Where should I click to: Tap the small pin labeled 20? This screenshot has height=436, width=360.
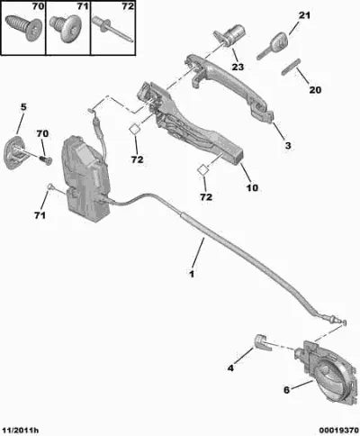(x=291, y=67)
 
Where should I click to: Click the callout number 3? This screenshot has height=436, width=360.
(x=288, y=146)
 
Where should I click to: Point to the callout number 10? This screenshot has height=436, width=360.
(x=252, y=187)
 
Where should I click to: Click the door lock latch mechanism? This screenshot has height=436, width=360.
(x=85, y=178)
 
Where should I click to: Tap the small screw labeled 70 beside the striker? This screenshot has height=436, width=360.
(x=46, y=159)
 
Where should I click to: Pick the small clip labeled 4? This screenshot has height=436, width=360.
(x=262, y=342)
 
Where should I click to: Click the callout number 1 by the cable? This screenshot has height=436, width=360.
(x=191, y=274)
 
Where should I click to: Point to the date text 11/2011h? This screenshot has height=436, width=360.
(x=20, y=431)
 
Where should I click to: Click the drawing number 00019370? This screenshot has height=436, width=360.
(x=338, y=431)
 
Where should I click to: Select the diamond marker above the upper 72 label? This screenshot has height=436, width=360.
(x=135, y=130)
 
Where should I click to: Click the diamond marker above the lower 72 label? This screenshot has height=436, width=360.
(x=202, y=169)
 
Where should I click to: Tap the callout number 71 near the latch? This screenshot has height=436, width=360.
(x=40, y=215)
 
